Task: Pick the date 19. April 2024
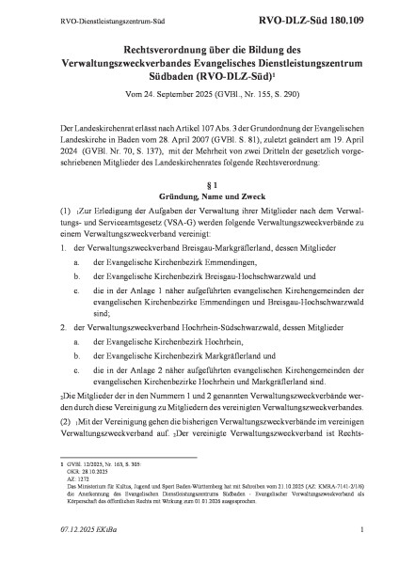coord(329,138)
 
